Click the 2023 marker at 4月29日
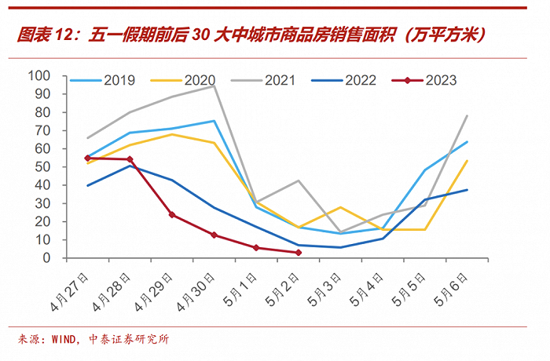pyautogui.click(x=171, y=215)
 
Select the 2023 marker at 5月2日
pyautogui.click(x=299, y=253)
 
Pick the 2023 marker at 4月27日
pyautogui.click(x=87, y=158)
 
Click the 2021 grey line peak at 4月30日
pyautogui.click(x=214, y=86)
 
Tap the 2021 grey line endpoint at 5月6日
pyautogui.click(x=467, y=115)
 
